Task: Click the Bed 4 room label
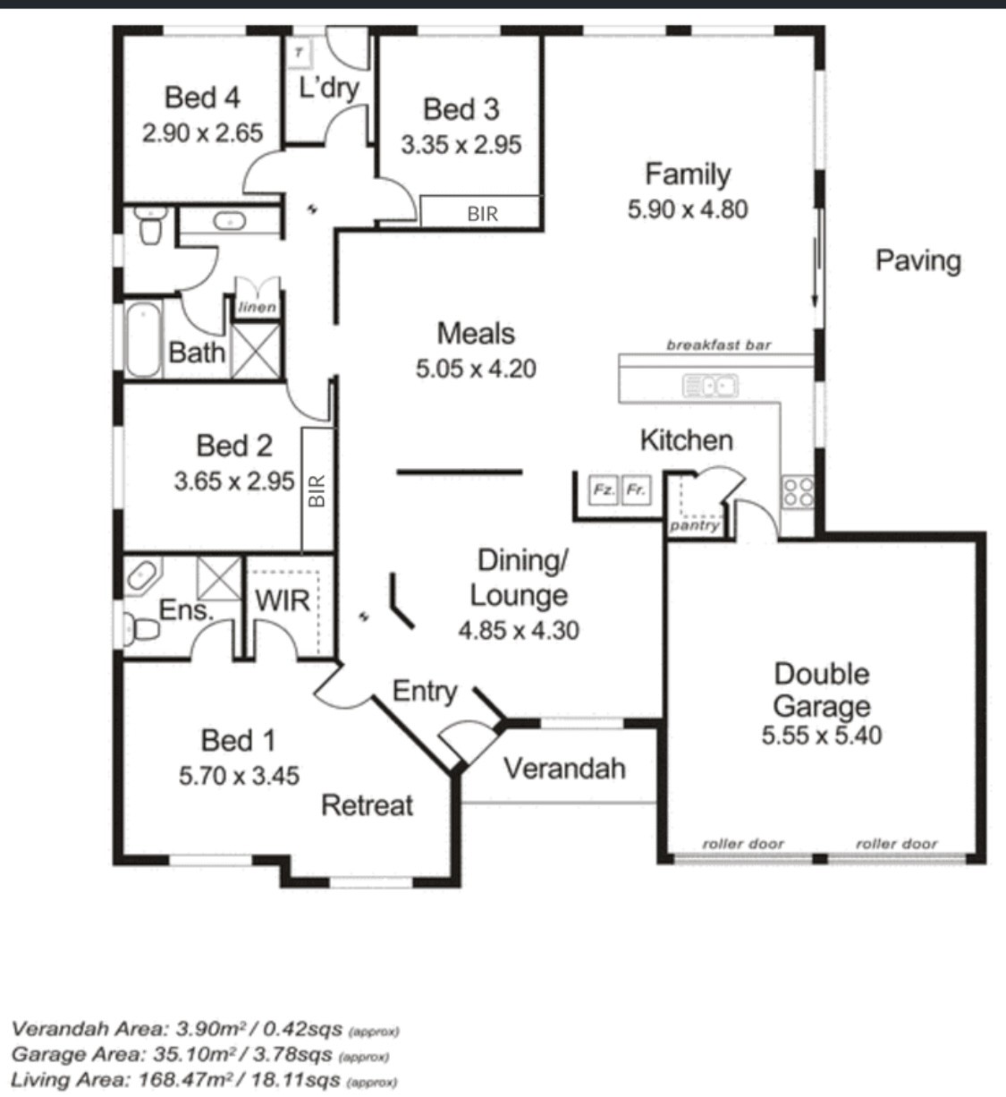[x=202, y=98]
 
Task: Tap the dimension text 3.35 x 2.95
[x=461, y=145]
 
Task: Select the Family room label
[x=688, y=175]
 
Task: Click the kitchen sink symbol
[x=710, y=386]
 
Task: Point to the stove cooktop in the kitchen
[x=798, y=492]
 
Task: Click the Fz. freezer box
[x=603, y=489]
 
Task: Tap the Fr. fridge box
[x=637, y=489]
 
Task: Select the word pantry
[x=694, y=526]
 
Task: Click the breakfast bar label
[x=718, y=345]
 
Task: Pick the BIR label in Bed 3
[x=483, y=214]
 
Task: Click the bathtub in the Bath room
[x=143, y=339]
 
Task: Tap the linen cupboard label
[x=257, y=307]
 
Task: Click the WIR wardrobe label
[x=282, y=600]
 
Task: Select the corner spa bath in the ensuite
[x=142, y=576]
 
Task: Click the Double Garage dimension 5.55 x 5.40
[x=822, y=736]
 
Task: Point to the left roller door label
[x=743, y=843]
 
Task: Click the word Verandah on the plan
[x=565, y=769]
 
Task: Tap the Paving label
[x=918, y=261]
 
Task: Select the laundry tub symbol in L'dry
[x=299, y=54]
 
